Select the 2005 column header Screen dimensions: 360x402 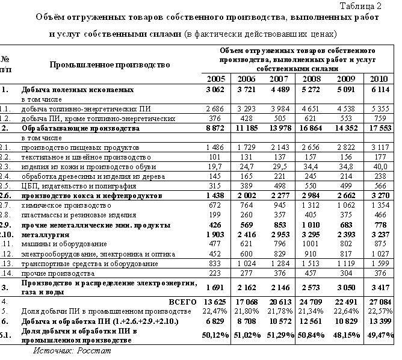click(216, 79)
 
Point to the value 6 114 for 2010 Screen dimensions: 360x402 click(379, 90)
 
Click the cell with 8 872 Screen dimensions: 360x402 click(215, 128)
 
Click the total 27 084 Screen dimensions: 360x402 click(379, 300)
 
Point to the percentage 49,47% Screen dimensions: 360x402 click(379, 334)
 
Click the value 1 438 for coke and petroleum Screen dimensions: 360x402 click(215, 196)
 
